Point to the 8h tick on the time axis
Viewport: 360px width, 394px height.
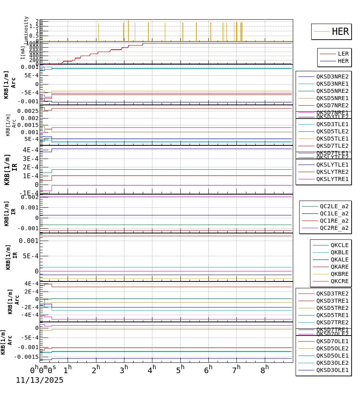(x=264, y=369)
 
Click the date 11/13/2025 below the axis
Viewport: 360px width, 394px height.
(x=40, y=380)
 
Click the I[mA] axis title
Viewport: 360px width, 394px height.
(x=23, y=52)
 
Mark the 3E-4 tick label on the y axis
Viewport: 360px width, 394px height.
(x=30, y=159)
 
